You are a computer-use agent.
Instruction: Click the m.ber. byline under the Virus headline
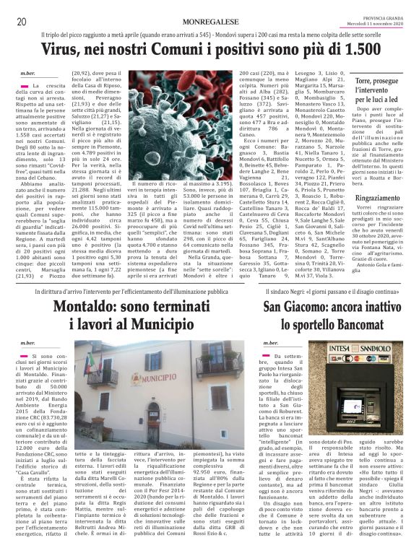28,73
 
